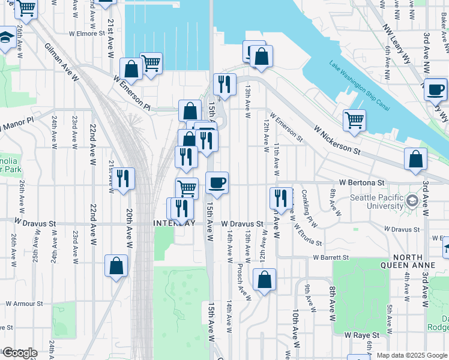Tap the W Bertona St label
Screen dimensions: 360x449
361,182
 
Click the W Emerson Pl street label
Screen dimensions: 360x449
130,92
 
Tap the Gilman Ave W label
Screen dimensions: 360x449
61,61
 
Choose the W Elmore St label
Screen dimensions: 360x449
87,34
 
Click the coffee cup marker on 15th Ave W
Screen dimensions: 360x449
217,182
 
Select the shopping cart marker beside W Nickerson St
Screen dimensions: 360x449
355,119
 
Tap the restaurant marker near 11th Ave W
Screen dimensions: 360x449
281,197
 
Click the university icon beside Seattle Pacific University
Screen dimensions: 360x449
412,199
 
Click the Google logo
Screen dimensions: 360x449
20,353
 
